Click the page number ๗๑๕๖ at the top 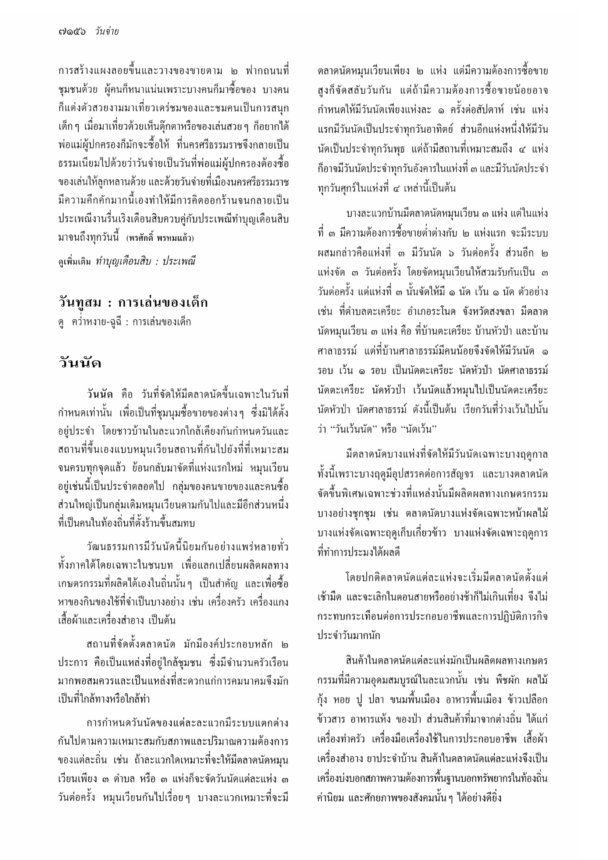pos(72,32)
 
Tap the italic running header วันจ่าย pos(107,32)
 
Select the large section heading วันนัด pos(80,363)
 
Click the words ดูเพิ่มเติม pos(75,262)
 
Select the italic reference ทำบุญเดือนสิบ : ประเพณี pos(145,261)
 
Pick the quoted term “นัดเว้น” pos(419,429)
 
